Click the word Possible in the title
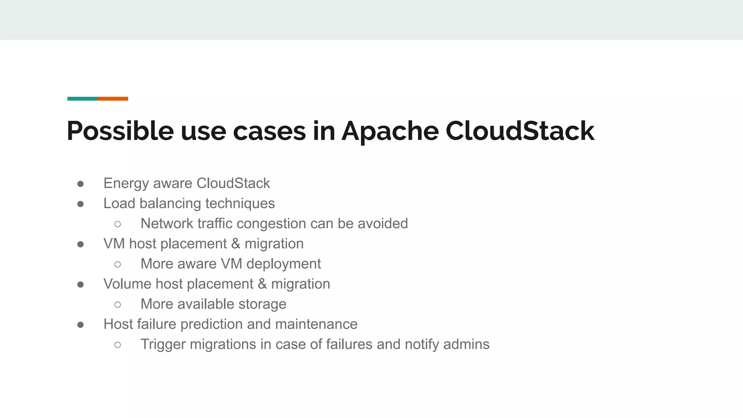tap(120, 131)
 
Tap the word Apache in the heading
tap(390, 131)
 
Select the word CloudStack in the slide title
tap(520, 131)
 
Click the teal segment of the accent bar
tap(82, 99)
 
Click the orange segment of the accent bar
tap(113, 99)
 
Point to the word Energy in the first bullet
tap(126, 184)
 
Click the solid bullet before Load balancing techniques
tap(81, 204)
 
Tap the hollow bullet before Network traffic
tap(118, 224)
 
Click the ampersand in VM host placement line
tap(236, 244)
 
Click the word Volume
tap(127, 284)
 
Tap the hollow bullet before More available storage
tap(118, 305)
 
